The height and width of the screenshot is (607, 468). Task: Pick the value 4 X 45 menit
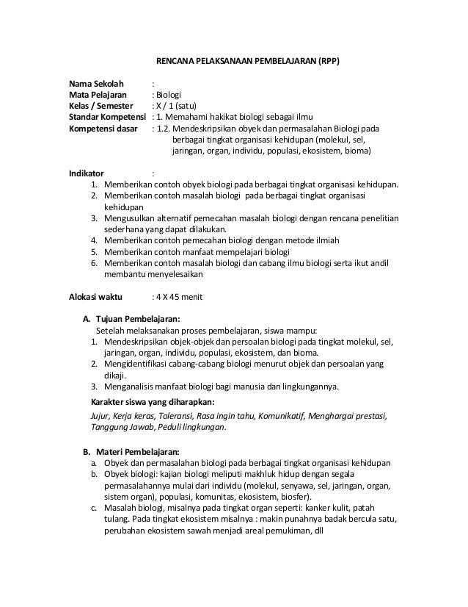(173, 297)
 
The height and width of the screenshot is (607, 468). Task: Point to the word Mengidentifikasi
(139, 364)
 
